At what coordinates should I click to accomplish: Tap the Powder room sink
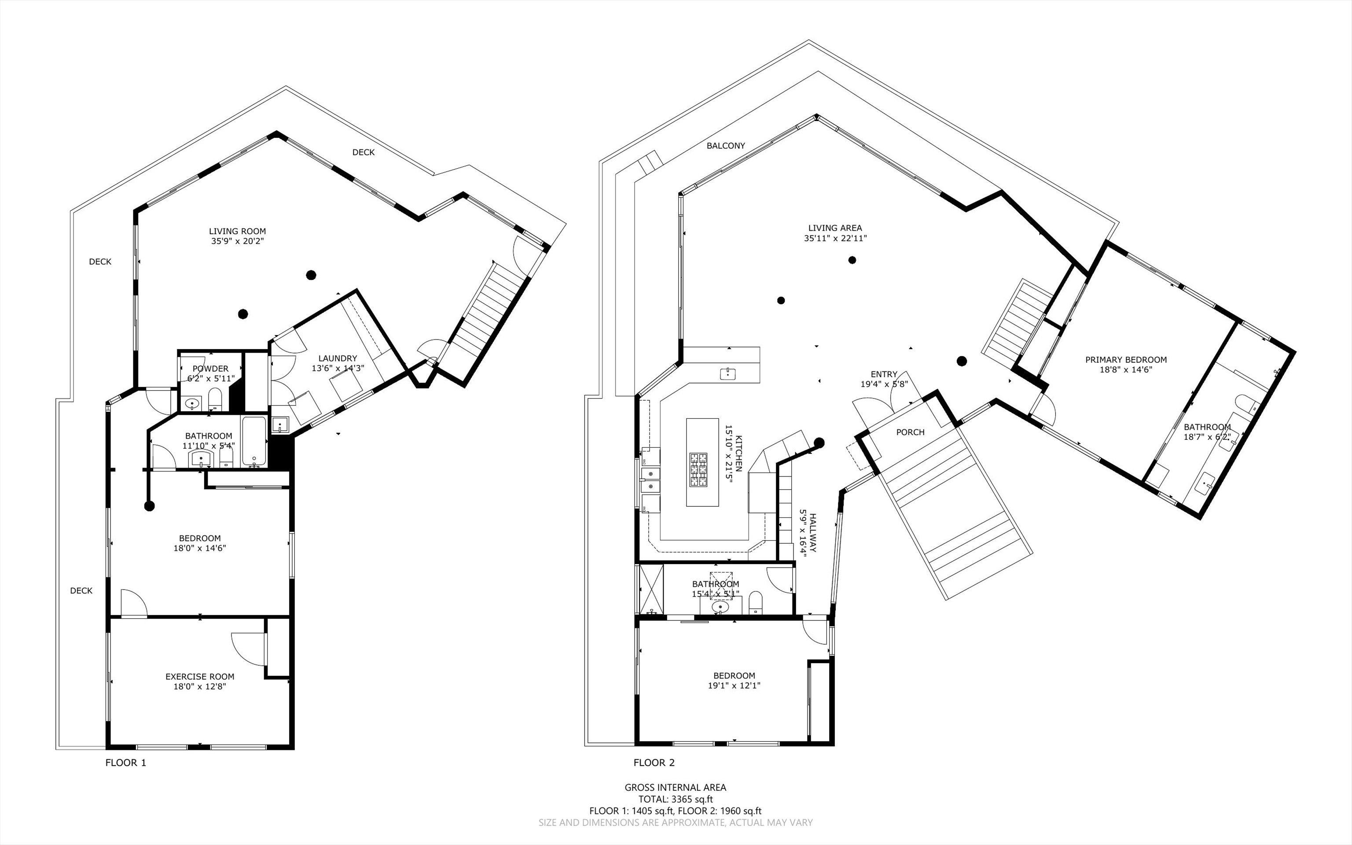tap(193, 403)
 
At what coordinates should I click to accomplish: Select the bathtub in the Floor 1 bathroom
tap(255, 441)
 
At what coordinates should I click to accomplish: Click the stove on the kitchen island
tap(698, 471)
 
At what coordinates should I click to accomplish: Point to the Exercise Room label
tap(200, 677)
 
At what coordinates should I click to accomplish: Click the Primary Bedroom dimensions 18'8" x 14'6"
tap(1126, 369)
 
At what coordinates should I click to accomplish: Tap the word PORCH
tap(910, 432)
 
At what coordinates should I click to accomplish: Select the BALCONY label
tap(726, 146)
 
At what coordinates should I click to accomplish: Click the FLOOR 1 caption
tap(126, 762)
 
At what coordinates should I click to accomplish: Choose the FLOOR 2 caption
tap(654, 762)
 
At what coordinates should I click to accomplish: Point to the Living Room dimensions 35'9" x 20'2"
tap(237, 241)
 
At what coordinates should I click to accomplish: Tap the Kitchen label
tap(738, 453)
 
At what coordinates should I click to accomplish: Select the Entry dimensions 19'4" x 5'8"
tap(884, 384)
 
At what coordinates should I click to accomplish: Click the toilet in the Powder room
tap(215, 399)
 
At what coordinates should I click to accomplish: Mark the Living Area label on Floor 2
tap(835, 228)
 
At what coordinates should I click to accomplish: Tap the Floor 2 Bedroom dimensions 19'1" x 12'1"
tap(735, 685)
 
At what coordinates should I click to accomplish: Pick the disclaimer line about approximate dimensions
tap(676, 823)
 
